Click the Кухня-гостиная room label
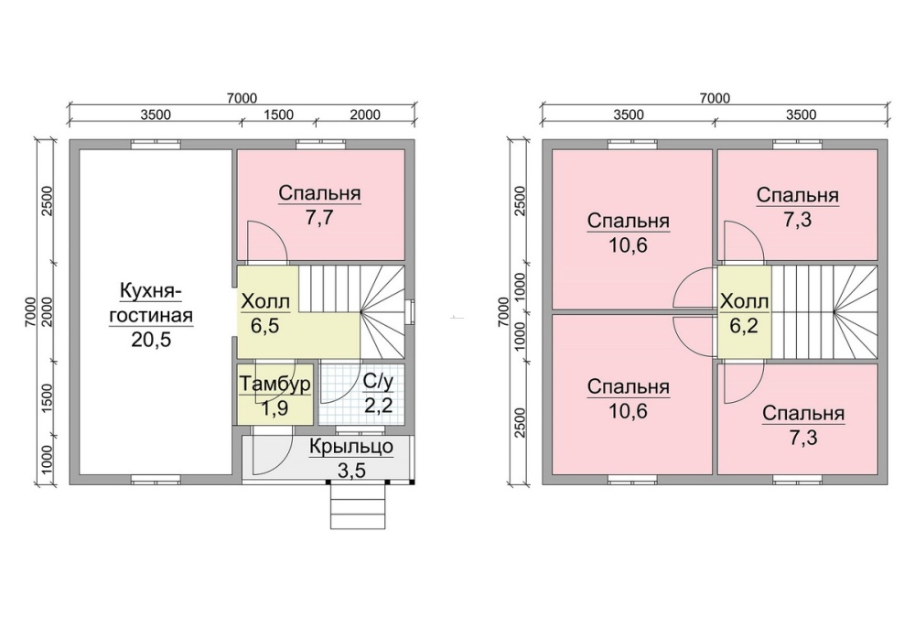tap(151, 302)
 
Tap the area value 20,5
tap(151, 339)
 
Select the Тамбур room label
tap(275, 385)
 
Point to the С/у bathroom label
tap(378, 382)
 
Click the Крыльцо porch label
tap(351, 448)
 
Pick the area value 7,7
tap(319, 218)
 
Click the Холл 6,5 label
tap(265, 313)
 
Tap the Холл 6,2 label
tap(744, 313)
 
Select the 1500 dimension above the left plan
tap(278, 114)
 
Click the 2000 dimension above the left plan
tap(365, 114)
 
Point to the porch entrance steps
tap(358, 505)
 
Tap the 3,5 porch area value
tap(352, 470)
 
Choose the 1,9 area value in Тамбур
tap(274, 408)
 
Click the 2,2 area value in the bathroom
tap(378, 405)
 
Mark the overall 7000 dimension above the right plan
tap(715, 98)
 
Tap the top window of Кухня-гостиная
tap(156, 145)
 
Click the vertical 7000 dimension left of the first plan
tap(30, 312)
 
